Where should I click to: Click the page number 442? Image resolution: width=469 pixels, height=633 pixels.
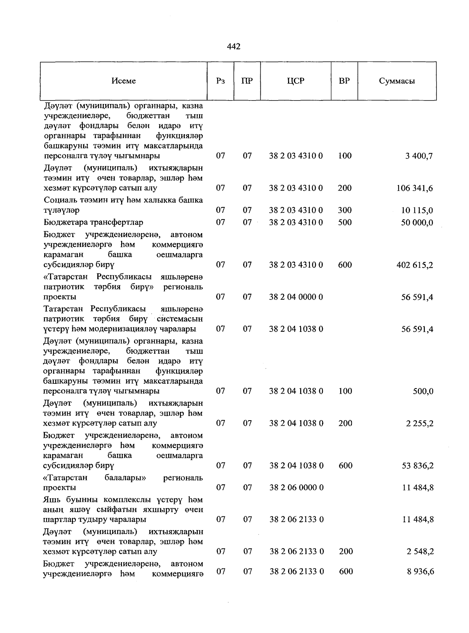(x=233, y=47)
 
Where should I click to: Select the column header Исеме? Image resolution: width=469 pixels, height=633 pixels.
(x=124, y=81)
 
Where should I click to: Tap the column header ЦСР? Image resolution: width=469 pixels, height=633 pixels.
(x=295, y=81)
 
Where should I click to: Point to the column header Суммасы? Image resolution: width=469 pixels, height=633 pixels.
(x=397, y=81)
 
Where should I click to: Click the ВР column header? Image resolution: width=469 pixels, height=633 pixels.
(x=344, y=81)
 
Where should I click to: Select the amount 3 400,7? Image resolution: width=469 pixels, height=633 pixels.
(x=419, y=156)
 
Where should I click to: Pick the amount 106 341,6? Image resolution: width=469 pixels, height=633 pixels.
(x=415, y=188)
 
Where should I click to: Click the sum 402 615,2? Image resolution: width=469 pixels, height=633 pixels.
(x=415, y=265)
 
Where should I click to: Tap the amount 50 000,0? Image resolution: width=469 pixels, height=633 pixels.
(x=417, y=223)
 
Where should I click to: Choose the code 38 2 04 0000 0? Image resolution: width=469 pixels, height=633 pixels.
(x=296, y=297)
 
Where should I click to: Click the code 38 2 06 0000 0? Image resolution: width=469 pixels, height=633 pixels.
(x=296, y=487)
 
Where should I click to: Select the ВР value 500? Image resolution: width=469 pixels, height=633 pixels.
(x=345, y=222)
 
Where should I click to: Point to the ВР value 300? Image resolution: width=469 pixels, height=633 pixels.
(x=345, y=210)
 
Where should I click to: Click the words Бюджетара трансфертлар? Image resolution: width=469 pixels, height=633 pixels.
(x=93, y=222)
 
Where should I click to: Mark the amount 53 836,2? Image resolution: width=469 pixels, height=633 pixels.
(x=417, y=466)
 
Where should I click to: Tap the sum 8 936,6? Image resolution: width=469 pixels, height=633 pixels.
(x=419, y=572)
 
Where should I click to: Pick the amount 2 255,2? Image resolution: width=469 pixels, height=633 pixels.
(x=419, y=423)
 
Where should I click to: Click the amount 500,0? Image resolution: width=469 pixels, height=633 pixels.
(x=423, y=391)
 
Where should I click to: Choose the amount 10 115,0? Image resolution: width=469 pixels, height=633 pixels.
(x=417, y=210)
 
